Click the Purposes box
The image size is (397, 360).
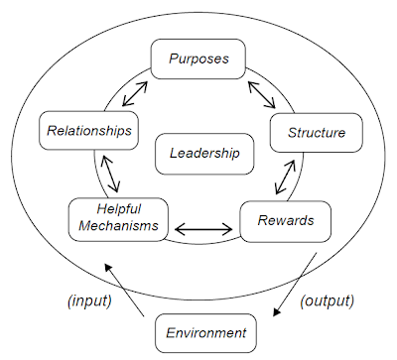point(198,59)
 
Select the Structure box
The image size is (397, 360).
point(316,132)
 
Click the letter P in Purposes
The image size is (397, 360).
point(172,58)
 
